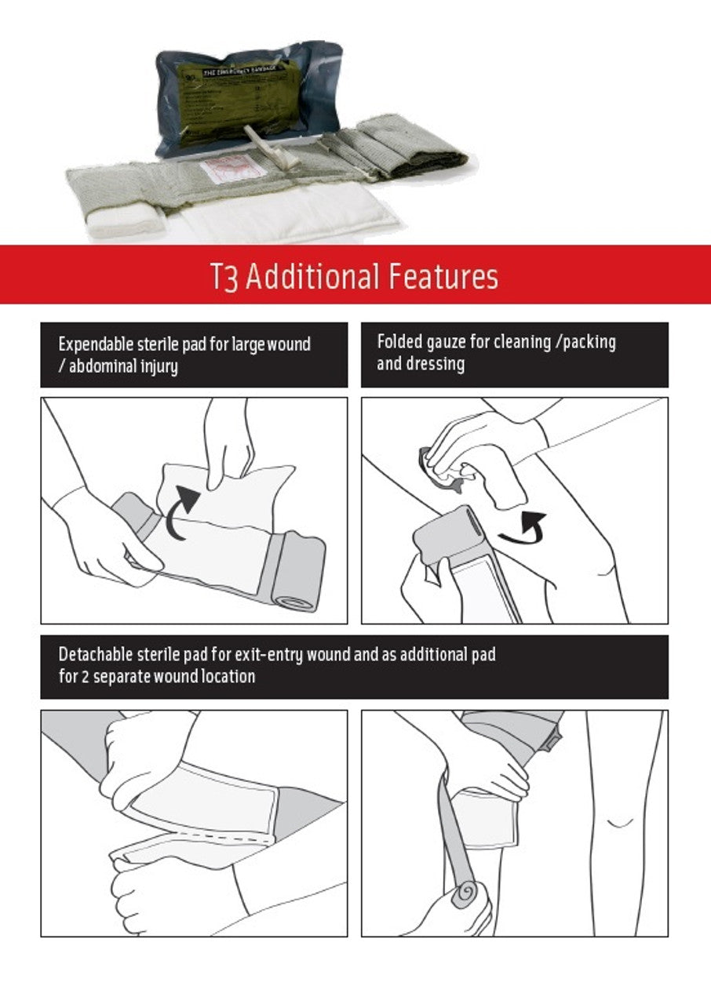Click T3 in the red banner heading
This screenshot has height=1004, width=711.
[224, 278]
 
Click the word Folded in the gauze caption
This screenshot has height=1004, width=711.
[399, 342]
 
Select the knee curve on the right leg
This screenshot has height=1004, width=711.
[621, 823]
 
